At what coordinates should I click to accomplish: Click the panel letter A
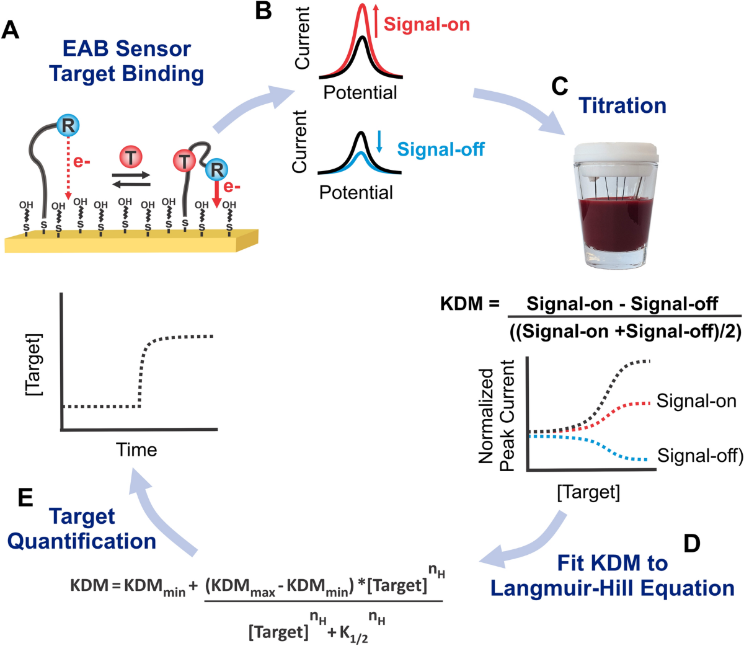coord(11,30)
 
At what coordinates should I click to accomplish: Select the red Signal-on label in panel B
coord(427,25)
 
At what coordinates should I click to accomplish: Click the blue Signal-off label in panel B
coord(440,149)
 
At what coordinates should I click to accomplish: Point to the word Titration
coord(622,105)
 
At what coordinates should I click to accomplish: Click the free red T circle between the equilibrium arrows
coord(131,157)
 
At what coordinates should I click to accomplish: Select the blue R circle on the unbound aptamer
coord(67,126)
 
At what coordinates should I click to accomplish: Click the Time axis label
coord(136,449)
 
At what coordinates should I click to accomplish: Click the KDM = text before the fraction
coord(469,304)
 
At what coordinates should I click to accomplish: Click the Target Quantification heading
coord(82,528)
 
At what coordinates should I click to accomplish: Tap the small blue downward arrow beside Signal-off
coord(380,142)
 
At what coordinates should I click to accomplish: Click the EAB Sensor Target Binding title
coord(126,61)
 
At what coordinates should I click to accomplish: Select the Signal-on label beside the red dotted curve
coord(696,401)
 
